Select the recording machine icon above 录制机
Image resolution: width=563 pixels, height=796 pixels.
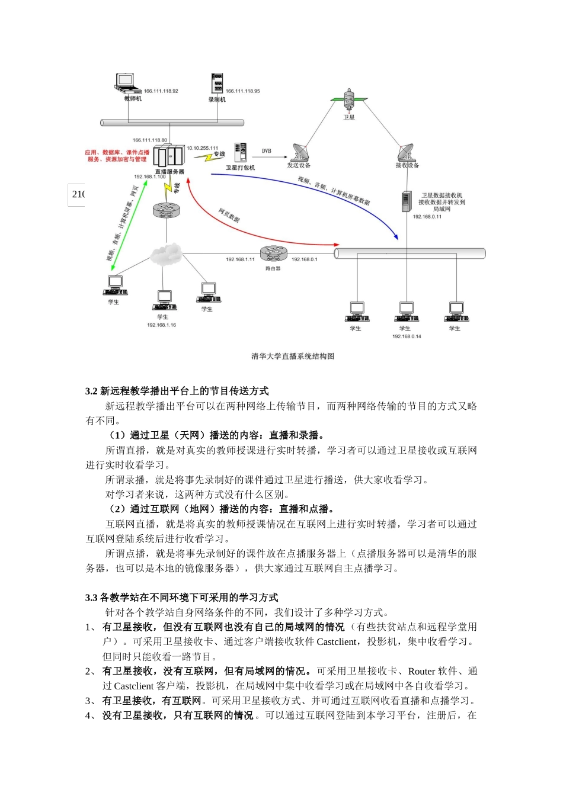coord(217,84)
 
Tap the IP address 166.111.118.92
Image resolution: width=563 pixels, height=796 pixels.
coord(161,91)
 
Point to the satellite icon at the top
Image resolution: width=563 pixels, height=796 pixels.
coord(349,99)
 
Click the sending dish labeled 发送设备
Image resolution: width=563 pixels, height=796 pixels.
coord(300,153)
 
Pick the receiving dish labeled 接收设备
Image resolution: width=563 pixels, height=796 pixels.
coord(406,152)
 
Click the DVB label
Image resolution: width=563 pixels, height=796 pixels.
coord(267,151)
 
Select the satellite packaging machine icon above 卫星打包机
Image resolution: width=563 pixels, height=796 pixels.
coord(240,153)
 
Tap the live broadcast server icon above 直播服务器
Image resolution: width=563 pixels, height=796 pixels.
coord(168,156)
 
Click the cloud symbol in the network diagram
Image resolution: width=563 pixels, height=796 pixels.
coord(165,254)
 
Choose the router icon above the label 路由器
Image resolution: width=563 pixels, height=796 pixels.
coord(273,254)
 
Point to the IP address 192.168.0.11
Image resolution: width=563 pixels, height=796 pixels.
coord(427,217)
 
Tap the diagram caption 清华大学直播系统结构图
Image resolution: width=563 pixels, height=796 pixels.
coord(293,356)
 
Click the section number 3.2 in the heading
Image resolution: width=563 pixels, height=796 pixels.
coord(91,391)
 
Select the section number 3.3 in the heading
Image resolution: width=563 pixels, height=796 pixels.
coord(91,598)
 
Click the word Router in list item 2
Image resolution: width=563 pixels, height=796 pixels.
coord(421,671)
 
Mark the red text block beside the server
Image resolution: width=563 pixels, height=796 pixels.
coord(117,156)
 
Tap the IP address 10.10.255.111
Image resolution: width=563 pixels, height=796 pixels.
coord(203,148)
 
